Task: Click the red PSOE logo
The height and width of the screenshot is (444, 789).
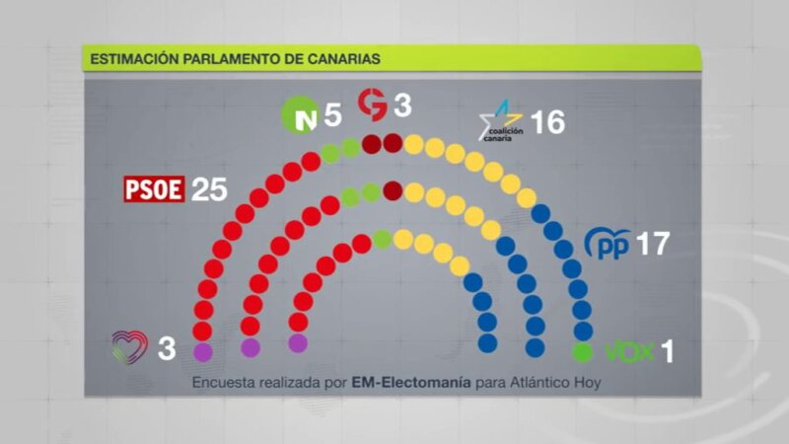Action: coord(154,188)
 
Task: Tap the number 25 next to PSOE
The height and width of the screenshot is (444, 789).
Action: coord(209,189)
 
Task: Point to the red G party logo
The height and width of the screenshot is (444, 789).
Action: coord(372,104)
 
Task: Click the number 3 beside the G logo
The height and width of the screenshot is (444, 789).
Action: coord(402,104)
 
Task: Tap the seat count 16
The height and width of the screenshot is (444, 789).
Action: coord(547,122)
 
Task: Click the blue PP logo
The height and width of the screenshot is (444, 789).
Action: coord(608,243)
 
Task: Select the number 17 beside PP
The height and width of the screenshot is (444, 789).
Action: coord(652,244)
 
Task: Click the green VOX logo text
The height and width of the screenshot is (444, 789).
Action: coord(629,350)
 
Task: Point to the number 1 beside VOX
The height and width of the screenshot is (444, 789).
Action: coord(667,351)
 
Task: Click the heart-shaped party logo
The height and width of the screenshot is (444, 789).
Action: coord(129,346)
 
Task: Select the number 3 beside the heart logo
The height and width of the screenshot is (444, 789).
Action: coord(167,348)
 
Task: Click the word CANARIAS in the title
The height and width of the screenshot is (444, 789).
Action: coord(340,59)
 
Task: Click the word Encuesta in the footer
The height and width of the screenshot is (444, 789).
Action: coord(223,383)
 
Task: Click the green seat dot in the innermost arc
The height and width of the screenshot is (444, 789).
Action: coord(383,239)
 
